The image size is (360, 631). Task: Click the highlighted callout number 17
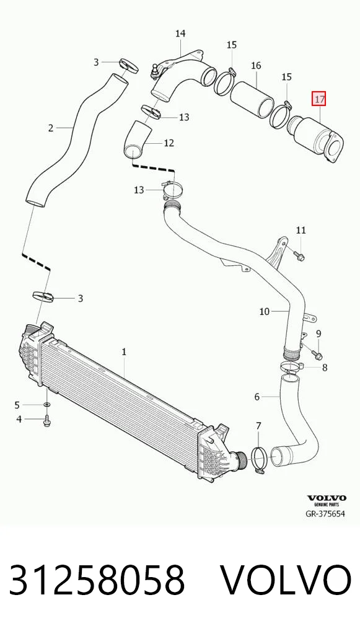[x=319, y=99]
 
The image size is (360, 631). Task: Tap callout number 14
[x=180, y=33]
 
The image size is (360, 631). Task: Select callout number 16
[x=256, y=65]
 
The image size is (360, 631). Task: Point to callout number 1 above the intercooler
[x=124, y=351]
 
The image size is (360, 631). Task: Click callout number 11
[x=301, y=230]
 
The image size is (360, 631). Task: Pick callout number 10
[x=264, y=311]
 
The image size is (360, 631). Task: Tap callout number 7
[x=258, y=425]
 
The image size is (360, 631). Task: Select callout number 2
[x=51, y=128]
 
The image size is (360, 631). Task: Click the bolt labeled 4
[x=46, y=421]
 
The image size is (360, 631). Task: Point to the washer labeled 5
[x=47, y=404]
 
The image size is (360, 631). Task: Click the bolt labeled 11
[x=299, y=255]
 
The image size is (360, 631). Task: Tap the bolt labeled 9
[x=317, y=355]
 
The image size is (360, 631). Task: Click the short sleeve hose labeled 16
[x=252, y=99]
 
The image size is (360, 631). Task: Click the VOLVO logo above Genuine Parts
[x=327, y=498]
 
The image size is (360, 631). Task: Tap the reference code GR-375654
[x=325, y=514]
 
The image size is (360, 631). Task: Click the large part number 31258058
[x=97, y=580]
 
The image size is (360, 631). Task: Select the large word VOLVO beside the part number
[x=286, y=580]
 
